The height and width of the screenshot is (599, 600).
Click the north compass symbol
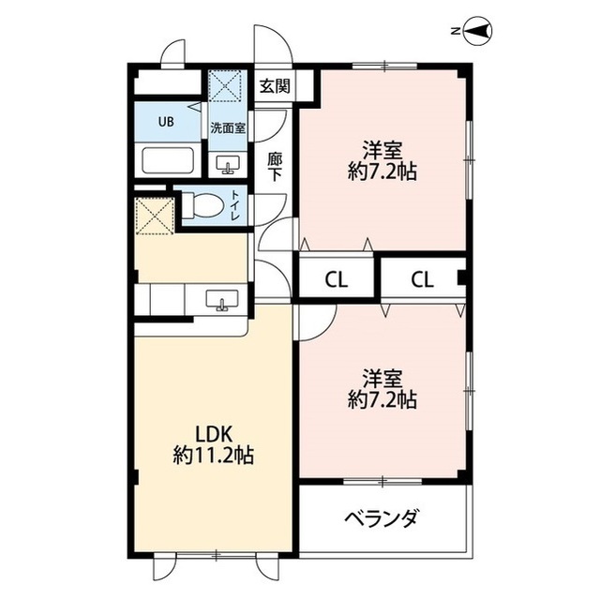(x=477, y=31)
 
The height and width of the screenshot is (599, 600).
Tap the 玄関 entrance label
(x=275, y=85)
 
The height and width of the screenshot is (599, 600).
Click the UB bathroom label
(x=166, y=122)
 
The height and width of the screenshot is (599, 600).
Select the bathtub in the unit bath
(x=168, y=160)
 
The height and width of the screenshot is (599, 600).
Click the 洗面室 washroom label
(x=228, y=128)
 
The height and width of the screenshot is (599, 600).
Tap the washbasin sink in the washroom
(x=228, y=164)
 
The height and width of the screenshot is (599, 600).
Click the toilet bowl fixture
(x=202, y=205)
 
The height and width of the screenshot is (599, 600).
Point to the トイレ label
(x=234, y=205)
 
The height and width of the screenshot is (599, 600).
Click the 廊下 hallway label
(x=275, y=167)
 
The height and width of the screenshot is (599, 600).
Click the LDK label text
(x=214, y=435)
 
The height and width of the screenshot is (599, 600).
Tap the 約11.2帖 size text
(x=214, y=456)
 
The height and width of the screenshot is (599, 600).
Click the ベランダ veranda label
(x=382, y=518)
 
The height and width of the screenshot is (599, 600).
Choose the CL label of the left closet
(x=337, y=280)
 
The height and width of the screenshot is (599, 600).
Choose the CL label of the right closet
(x=423, y=280)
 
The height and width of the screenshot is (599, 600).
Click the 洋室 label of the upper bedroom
(x=382, y=150)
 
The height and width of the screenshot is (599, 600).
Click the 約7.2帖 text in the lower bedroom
(x=382, y=399)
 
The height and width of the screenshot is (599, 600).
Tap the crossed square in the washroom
(x=225, y=85)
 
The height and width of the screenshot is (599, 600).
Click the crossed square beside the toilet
(x=155, y=216)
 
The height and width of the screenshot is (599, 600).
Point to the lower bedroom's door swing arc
(x=326, y=330)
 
